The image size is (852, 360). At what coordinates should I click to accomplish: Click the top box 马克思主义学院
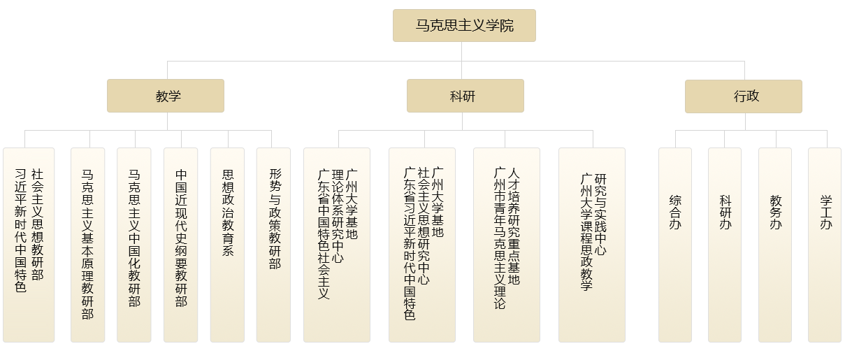464,26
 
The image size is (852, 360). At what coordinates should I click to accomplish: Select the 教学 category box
166,96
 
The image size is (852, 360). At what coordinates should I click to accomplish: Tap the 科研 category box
465,96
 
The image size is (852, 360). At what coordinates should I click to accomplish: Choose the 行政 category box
743,96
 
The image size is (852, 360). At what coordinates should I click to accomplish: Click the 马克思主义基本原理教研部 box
87,245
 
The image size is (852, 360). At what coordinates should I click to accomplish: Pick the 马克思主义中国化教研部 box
134,245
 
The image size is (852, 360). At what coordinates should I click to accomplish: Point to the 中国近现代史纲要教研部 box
181,245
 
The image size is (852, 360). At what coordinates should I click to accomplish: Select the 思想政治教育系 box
227,245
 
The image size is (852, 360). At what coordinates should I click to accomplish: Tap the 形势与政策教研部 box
273,245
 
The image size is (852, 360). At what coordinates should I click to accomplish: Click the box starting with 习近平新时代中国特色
29,245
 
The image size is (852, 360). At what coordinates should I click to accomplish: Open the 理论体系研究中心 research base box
337,245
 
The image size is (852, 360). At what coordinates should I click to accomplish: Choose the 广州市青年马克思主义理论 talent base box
507,245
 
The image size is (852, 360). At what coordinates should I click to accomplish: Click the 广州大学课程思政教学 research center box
592,245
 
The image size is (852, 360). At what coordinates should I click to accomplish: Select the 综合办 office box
675,245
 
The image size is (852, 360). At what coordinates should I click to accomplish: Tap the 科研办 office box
725,245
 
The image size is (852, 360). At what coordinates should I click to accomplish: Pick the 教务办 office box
775,245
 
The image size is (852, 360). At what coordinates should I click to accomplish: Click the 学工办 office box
825,245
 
